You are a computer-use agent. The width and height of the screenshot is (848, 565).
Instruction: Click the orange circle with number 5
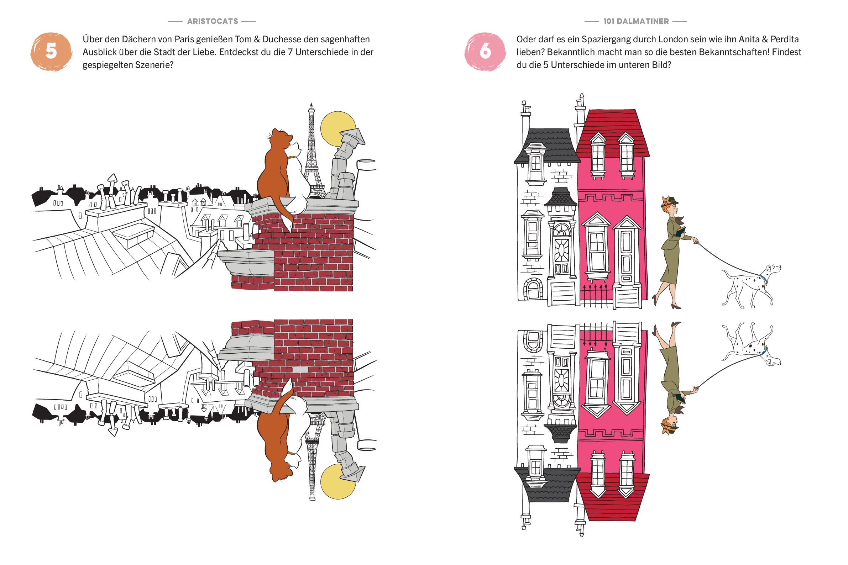pos(51,52)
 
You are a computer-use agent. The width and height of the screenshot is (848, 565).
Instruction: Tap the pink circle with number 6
pos(485,52)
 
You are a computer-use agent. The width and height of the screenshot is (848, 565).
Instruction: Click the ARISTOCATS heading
pos(213,22)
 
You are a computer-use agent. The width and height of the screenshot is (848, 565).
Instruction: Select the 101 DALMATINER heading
pos(636,22)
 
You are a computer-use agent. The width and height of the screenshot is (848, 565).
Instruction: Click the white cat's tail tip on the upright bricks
pos(290,229)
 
